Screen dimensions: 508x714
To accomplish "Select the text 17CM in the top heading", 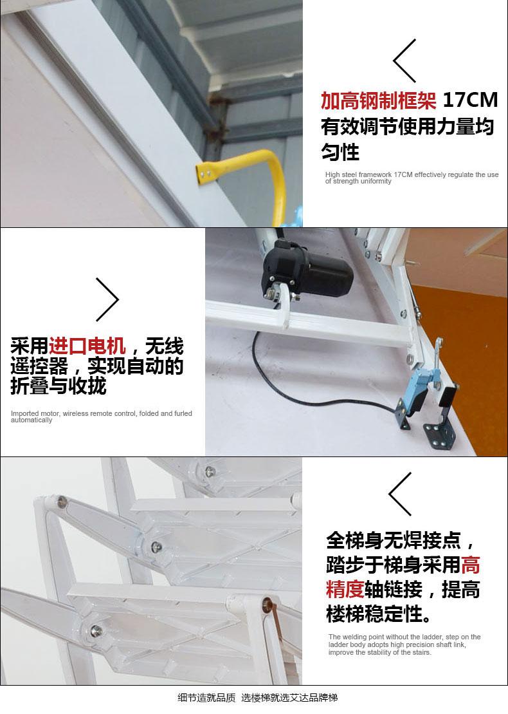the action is coord(470,100).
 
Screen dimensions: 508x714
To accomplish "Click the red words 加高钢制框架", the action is coord(378,100).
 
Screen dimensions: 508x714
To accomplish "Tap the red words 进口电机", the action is coord(87,346).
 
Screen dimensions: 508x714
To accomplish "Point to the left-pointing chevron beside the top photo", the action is coord(404,61).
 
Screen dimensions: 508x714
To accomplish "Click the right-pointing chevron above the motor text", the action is coord(107,299).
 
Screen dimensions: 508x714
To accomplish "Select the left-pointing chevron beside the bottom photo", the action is coord(400,494).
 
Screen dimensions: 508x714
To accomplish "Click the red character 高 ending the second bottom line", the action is coord(470,565).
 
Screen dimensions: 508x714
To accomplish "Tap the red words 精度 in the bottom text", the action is coord(345,589).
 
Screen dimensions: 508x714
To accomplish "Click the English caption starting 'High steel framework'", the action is coord(412,178).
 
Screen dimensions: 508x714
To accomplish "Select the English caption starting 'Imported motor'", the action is coord(102,416).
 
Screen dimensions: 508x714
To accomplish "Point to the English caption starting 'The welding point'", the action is coord(404,644).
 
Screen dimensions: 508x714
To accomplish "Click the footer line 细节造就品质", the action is coord(206,698).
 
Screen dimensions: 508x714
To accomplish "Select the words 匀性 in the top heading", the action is coord(340,152).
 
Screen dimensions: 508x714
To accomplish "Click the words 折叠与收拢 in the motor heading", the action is coord(59,386).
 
